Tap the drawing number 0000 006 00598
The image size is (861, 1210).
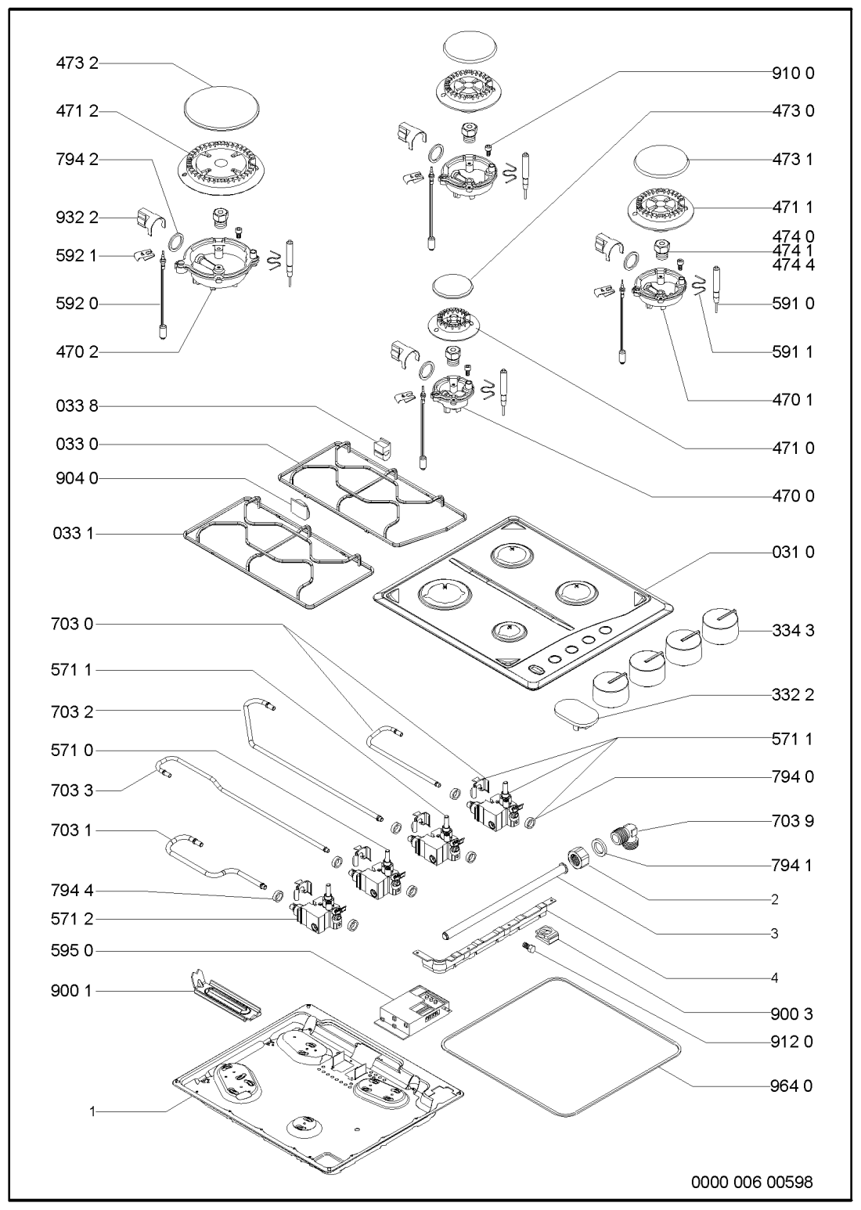[x=751, y=1182]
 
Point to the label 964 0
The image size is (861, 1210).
[x=791, y=1086]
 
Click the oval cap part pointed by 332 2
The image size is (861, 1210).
[x=575, y=713]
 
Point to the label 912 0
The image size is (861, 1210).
[x=791, y=1042]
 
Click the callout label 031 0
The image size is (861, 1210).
[x=791, y=553]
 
